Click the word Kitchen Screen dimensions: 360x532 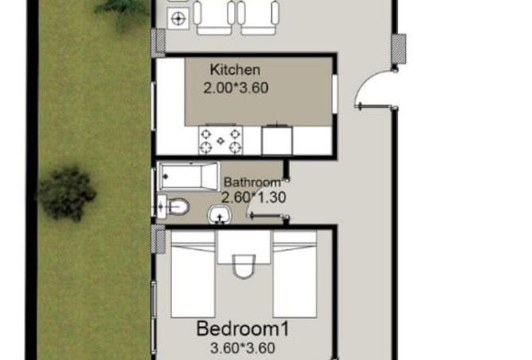[235, 70]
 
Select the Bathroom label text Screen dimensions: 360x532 [252, 182]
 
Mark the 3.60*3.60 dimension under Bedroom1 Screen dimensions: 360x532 [242, 348]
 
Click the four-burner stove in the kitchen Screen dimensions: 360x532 [220, 140]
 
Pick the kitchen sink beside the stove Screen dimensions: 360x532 [276, 139]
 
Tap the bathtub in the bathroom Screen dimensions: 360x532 [188, 175]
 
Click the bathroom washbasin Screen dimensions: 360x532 [219, 214]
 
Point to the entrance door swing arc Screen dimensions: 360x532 [371, 88]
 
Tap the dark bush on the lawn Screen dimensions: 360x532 [68, 192]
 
